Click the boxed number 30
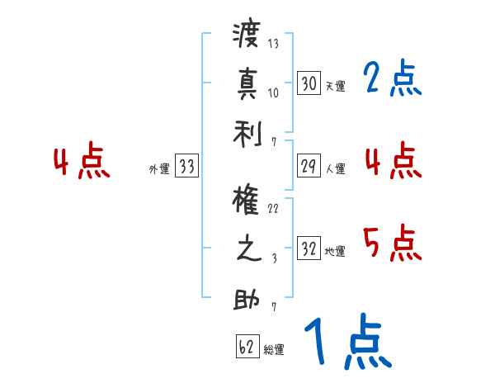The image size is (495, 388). [309, 83]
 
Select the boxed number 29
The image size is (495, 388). [309, 166]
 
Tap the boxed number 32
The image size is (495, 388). [309, 248]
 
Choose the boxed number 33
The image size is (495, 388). [186, 168]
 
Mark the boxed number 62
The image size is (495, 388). [247, 347]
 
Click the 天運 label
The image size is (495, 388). [335, 86]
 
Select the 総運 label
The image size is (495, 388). [273, 349]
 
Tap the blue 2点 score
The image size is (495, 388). [391, 79]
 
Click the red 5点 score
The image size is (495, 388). [391, 243]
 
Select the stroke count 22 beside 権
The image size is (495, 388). [273, 208]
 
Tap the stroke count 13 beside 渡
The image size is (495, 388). [273, 44]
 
